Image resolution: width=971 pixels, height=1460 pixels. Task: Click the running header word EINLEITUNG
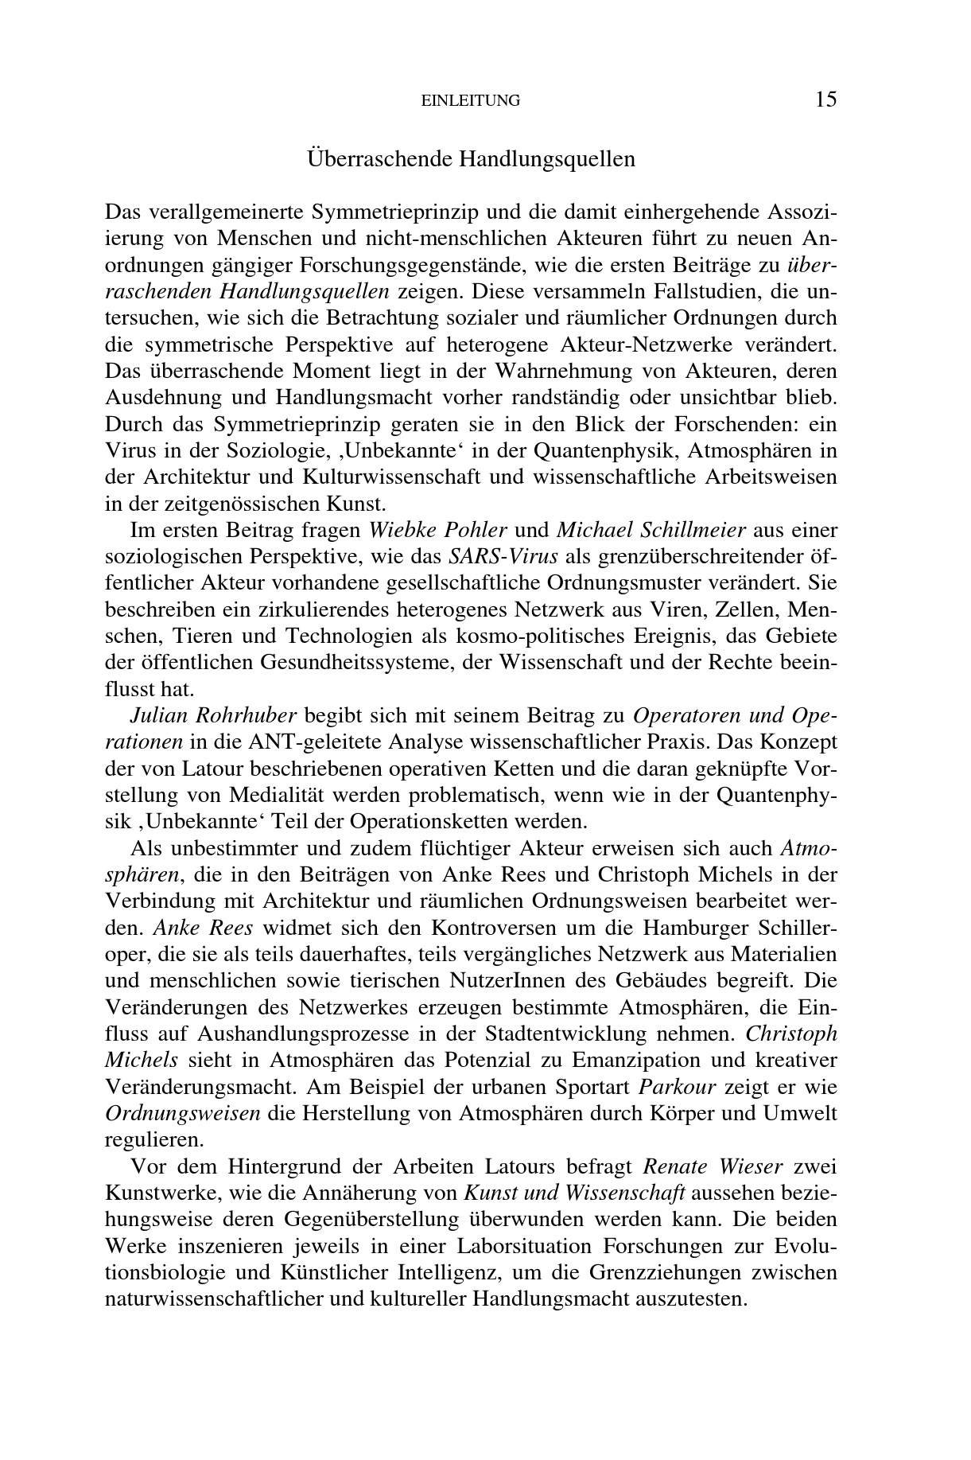point(470,101)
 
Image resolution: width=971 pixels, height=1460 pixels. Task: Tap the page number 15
point(825,99)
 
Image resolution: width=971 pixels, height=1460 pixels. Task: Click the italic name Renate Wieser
point(713,1166)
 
